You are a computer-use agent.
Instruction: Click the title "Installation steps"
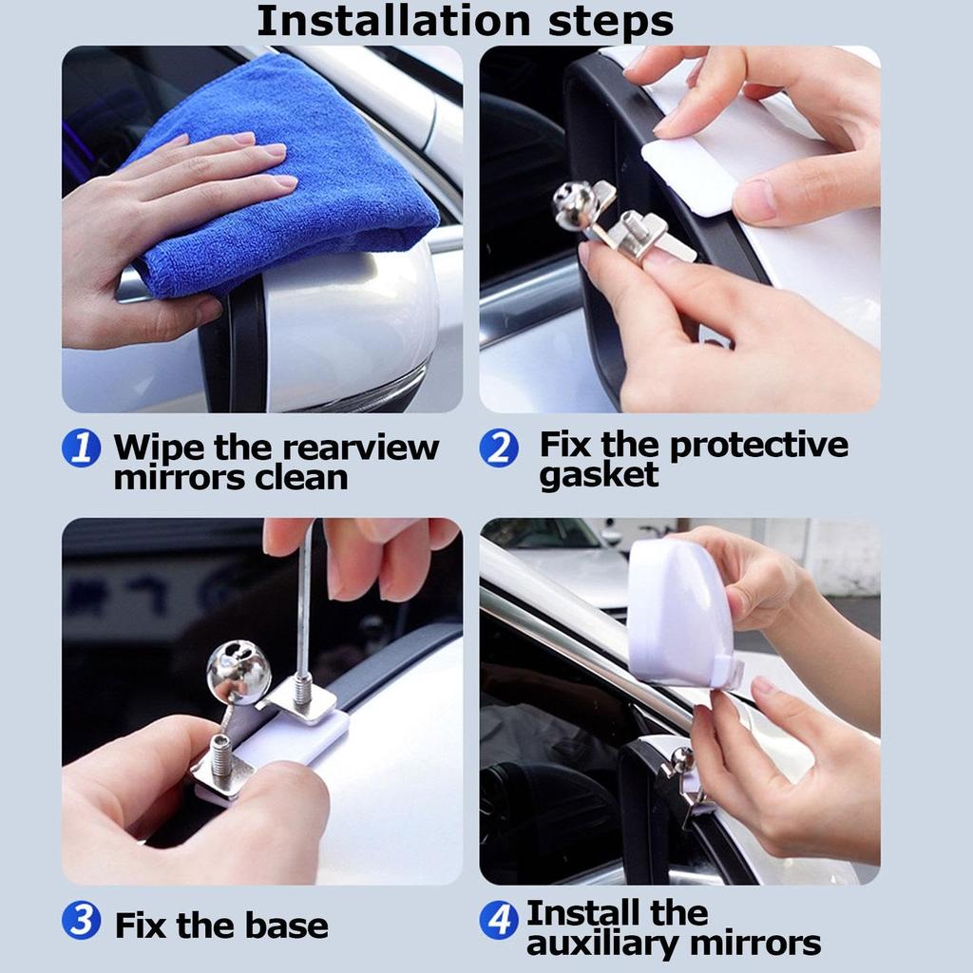click(465, 21)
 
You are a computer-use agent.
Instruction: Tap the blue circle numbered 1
click(82, 448)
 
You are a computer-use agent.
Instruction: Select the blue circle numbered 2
click(499, 447)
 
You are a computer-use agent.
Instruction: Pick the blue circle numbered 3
click(82, 921)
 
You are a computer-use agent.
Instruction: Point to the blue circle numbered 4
click(499, 921)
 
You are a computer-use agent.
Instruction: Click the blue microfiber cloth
click(285, 181)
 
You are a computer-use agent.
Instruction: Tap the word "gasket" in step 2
click(599, 474)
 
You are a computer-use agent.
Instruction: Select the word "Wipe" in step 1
click(159, 447)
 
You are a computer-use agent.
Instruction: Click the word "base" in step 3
click(283, 925)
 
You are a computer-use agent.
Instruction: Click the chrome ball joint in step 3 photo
click(238, 673)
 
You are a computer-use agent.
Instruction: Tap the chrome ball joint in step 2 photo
click(573, 204)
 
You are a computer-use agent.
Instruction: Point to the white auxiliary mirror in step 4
click(679, 613)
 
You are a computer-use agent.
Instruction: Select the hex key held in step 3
click(303, 608)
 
